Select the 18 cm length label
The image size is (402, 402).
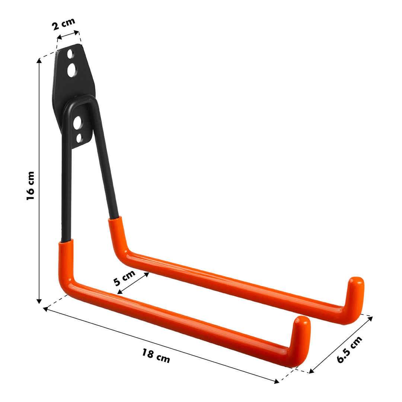156,355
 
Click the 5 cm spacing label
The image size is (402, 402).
124,278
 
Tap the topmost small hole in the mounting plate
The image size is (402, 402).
70,54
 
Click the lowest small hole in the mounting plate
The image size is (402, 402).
79,138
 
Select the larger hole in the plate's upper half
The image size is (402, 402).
72,70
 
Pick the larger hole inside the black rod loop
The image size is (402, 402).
77,122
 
